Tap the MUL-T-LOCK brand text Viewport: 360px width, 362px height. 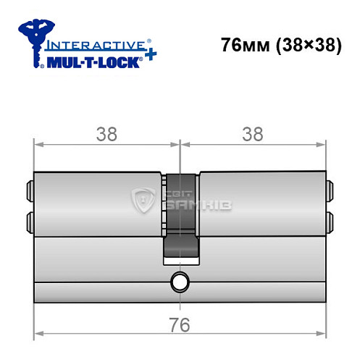[94, 62]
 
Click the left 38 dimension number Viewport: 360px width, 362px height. [106, 134]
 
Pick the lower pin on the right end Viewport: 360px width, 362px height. [330, 219]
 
